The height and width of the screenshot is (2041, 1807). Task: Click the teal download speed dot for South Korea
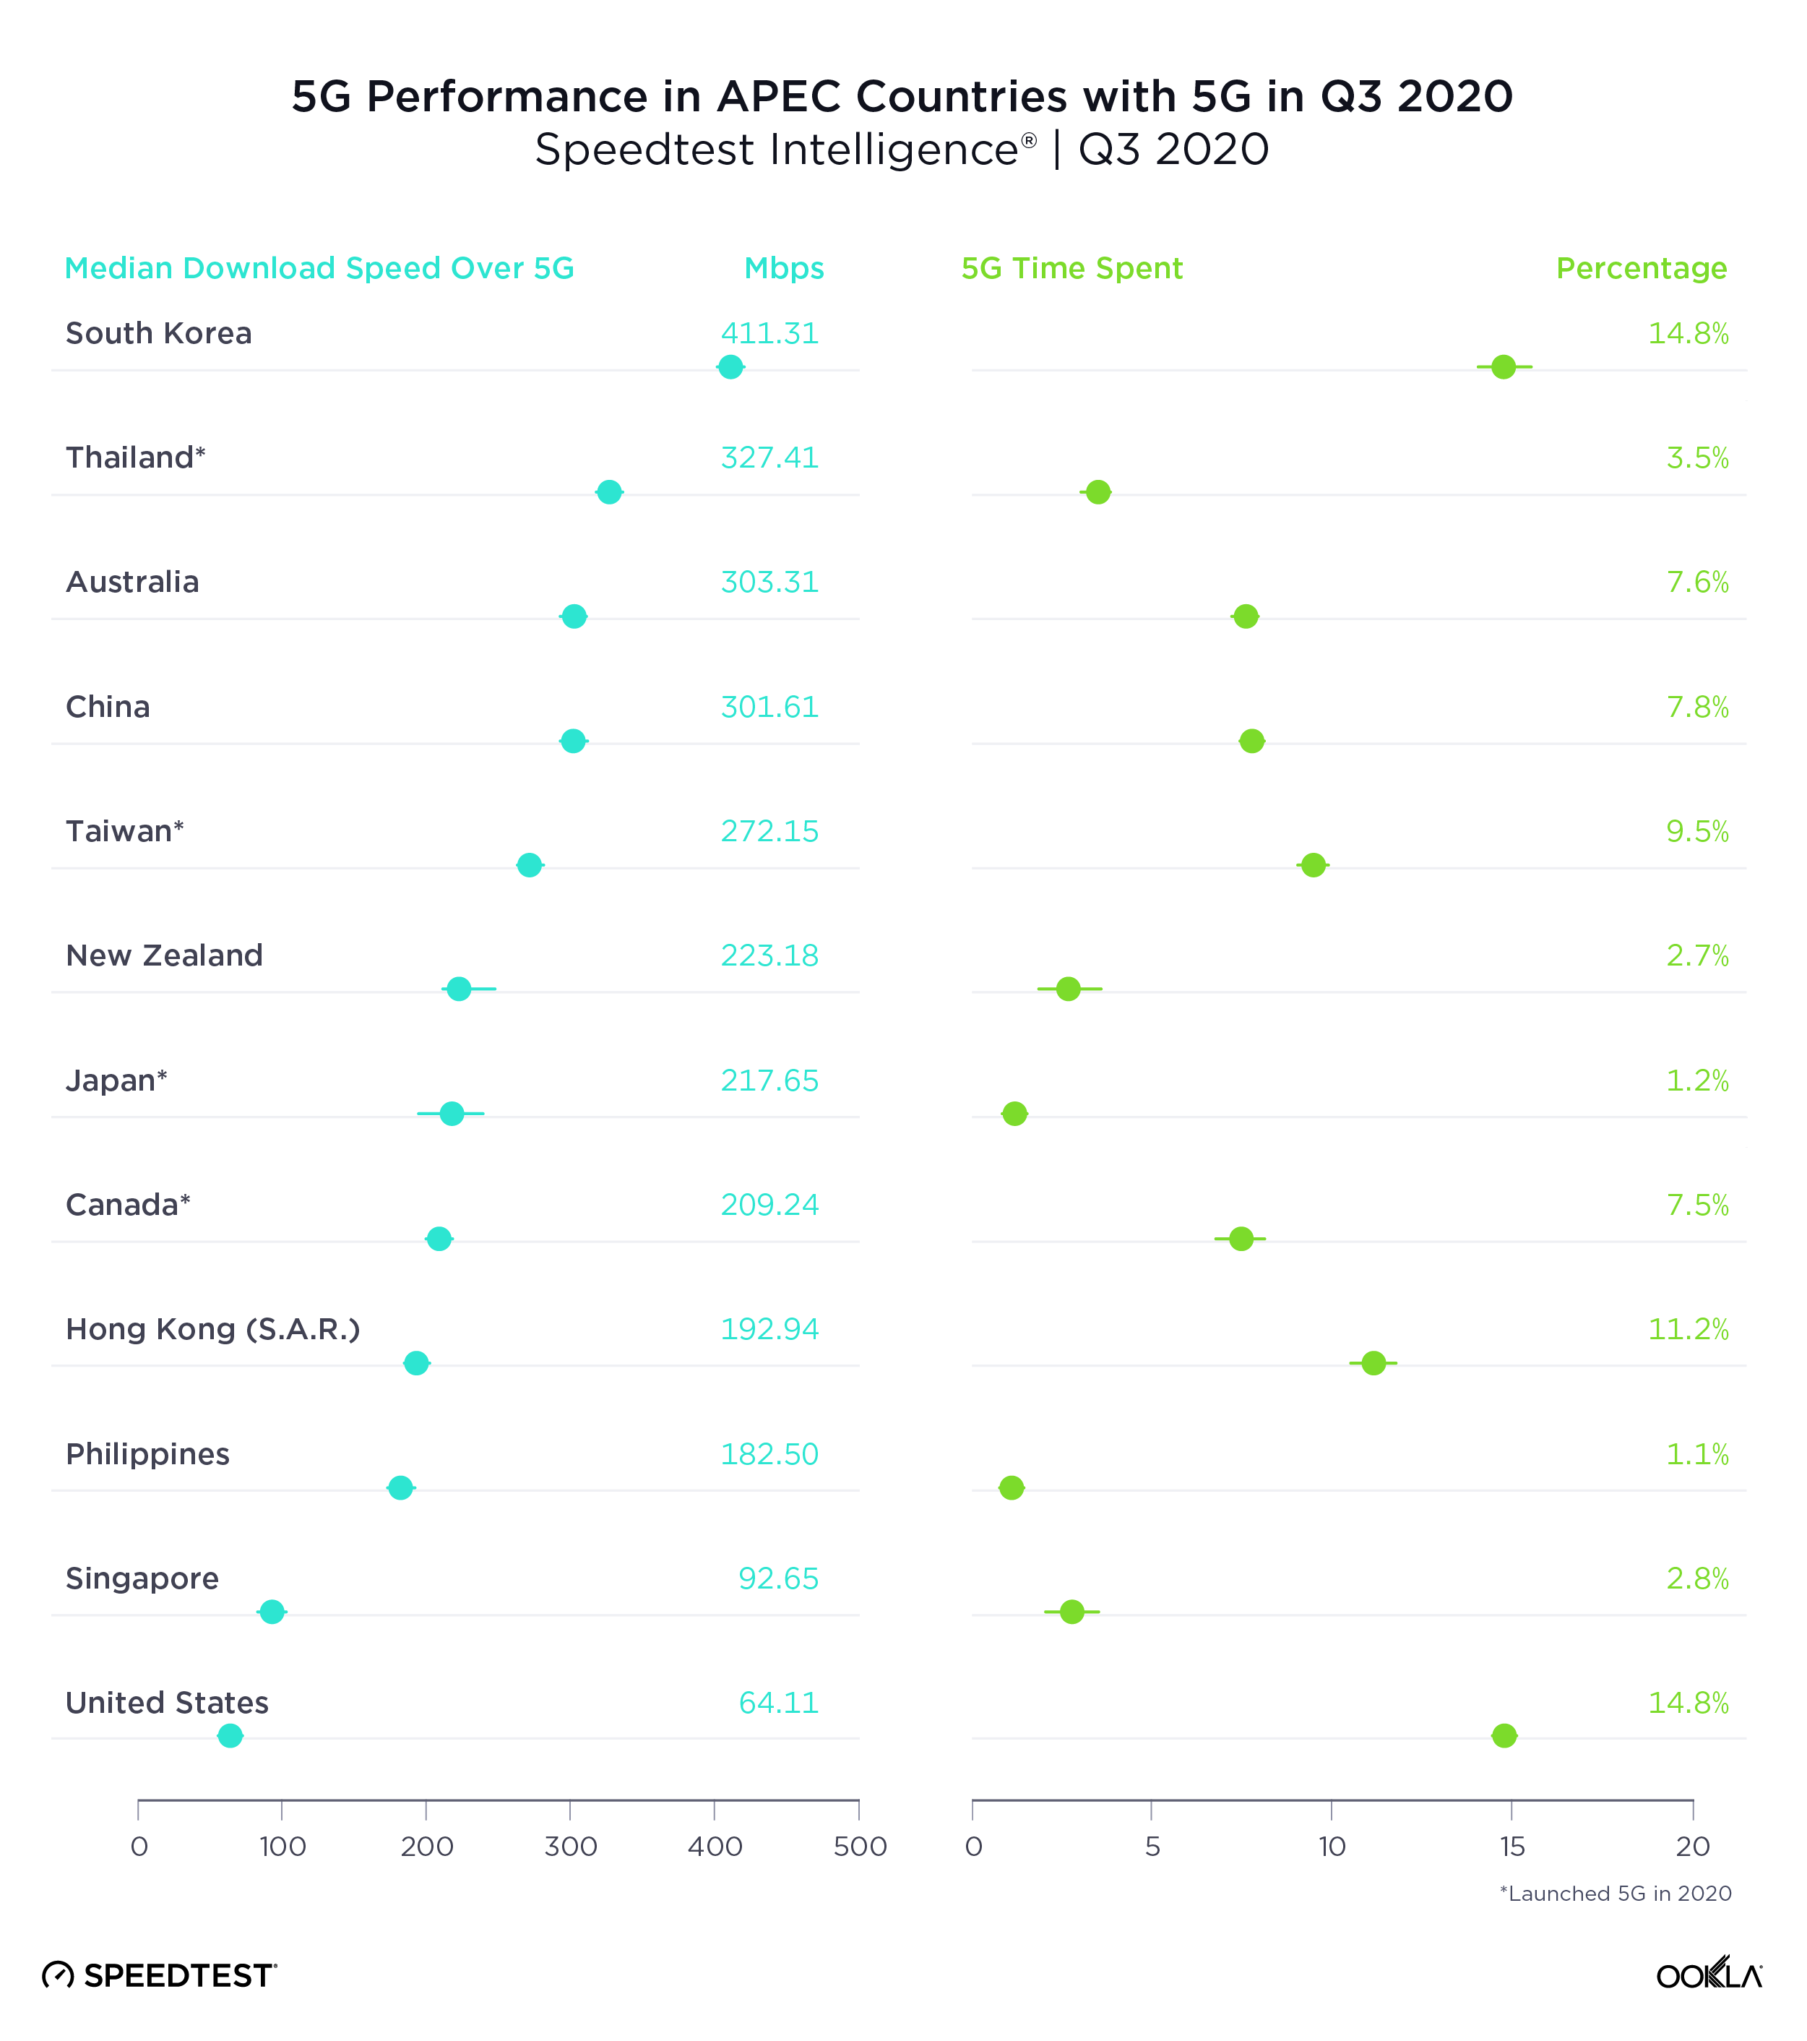[730, 366]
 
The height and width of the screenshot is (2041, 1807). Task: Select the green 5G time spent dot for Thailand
[1098, 492]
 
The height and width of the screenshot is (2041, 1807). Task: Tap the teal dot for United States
[230, 1735]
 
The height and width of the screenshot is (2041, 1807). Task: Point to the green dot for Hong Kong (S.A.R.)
[1373, 1363]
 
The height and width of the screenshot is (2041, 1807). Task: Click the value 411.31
[769, 333]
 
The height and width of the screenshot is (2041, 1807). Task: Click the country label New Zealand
[164, 955]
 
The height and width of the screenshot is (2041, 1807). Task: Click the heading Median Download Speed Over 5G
[319, 269]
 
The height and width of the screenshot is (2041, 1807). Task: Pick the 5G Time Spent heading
[1071, 269]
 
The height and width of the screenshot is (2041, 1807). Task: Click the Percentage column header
[1642, 269]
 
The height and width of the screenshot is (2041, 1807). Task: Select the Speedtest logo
[160, 1975]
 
